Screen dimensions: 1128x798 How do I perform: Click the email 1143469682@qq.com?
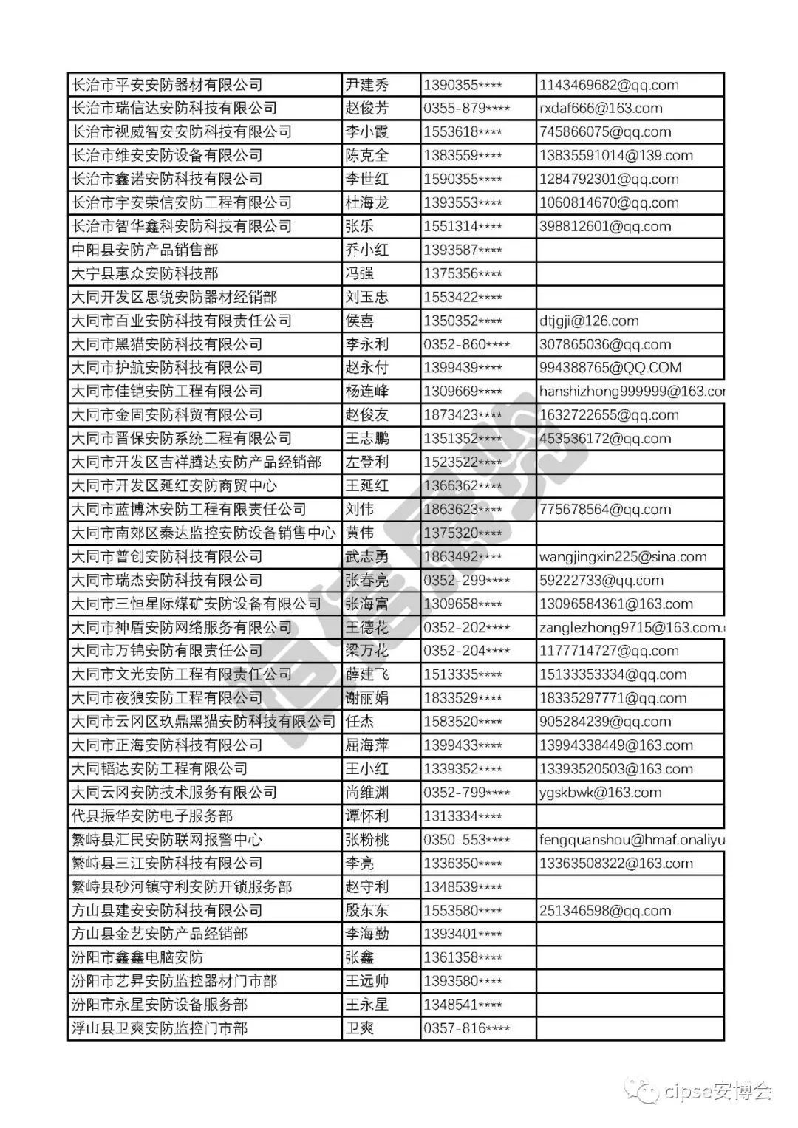pyautogui.click(x=609, y=85)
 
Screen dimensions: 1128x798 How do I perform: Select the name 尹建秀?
pyautogui.click(x=366, y=85)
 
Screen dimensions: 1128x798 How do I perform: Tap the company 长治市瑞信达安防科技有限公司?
pyautogui.click(x=174, y=109)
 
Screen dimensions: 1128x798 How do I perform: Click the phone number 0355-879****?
pyautogui.click(x=466, y=109)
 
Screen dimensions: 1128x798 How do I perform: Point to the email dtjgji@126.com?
pyautogui.click(x=589, y=321)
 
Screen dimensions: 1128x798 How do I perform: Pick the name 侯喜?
pyautogui.click(x=360, y=321)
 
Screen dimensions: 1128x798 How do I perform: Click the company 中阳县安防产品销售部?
pyautogui.click(x=145, y=250)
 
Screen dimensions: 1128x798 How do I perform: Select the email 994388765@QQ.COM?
pyautogui.click(x=610, y=368)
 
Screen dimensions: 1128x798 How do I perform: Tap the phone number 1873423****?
pyautogui.click(x=463, y=415)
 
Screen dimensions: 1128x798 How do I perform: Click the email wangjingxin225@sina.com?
pyautogui.click(x=623, y=556)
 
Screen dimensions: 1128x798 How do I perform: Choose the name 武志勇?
pyautogui.click(x=366, y=556)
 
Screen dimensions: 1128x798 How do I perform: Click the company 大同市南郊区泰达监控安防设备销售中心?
pyautogui.click(x=203, y=533)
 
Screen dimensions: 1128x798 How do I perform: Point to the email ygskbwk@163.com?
pyautogui.click(x=600, y=793)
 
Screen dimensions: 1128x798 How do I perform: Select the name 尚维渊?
pyautogui.click(x=366, y=793)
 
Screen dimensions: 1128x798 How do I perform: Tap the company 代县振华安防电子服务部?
pyautogui.click(x=152, y=816)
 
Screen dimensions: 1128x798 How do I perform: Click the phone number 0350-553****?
pyautogui.click(x=466, y=840)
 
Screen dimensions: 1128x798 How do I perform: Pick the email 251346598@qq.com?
pyautogui.click(x=605, y=911)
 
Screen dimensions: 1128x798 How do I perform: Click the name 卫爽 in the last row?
pyautogui.click(x=360, y=1028)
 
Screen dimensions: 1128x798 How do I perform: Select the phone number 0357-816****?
pyautogui.click(x=466, y=1028)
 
